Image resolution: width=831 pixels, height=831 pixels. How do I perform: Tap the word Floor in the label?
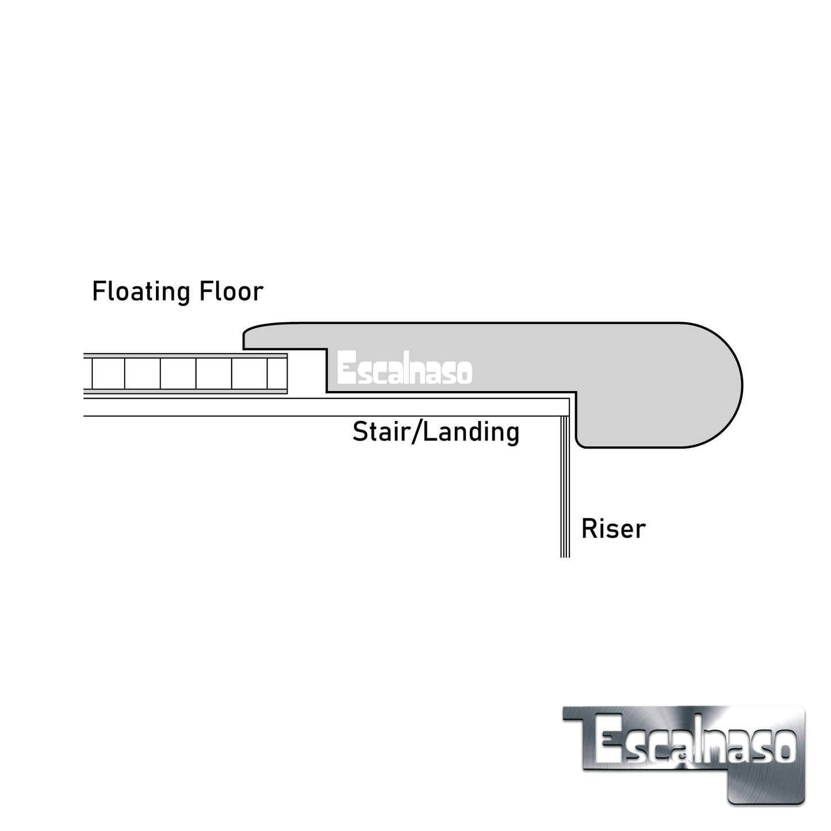pos(231,292)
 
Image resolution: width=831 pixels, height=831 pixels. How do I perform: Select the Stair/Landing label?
pos(435,432)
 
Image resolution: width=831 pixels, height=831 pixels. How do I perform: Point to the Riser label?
pos(613,529)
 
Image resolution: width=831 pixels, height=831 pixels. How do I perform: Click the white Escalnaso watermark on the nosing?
pos(404,369)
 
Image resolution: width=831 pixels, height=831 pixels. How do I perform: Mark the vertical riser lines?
pos(565,489)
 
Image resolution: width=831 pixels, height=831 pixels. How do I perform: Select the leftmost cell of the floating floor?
pos(108,374)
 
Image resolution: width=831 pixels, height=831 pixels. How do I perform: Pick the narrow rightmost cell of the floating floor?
pos(277,374)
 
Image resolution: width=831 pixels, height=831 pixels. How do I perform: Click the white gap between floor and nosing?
pos(307,374)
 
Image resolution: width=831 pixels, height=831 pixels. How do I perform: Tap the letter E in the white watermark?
pos(346,369)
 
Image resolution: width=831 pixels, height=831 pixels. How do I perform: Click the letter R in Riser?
pos(588,529)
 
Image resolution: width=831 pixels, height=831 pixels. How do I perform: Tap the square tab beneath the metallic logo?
pos(765,786)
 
